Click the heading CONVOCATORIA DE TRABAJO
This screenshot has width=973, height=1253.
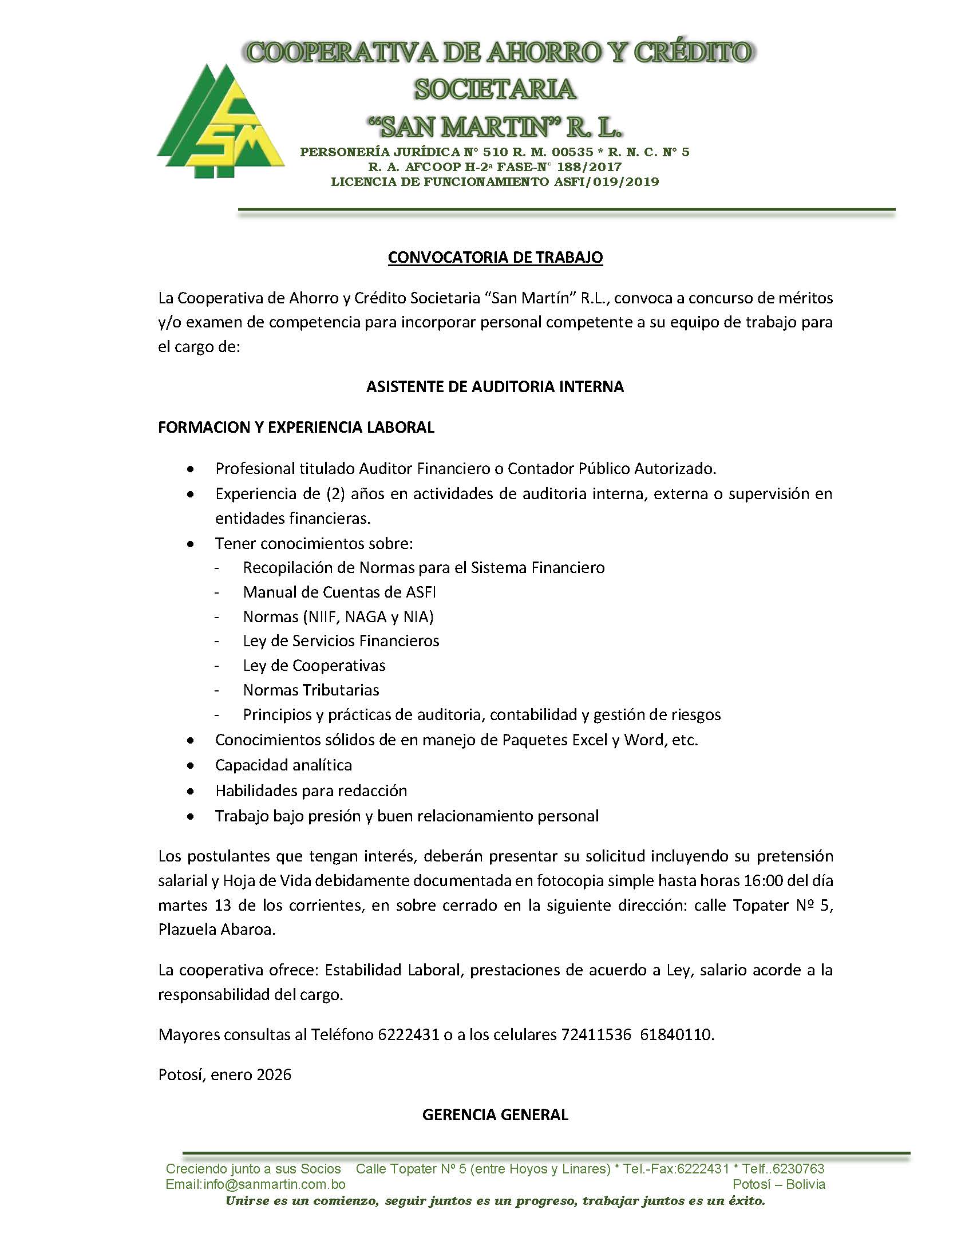[495, 258]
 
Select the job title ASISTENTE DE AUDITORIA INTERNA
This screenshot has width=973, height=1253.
[495, 387]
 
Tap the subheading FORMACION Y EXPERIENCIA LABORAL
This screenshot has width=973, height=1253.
[296, 428]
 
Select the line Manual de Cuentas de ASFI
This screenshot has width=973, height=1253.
[339, 592]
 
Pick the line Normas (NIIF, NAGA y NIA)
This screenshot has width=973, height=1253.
[338, 616]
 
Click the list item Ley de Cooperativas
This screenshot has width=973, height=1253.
[314, 666]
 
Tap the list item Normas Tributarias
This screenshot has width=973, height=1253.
[311, 690]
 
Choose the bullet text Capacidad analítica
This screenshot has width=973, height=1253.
[283, 765]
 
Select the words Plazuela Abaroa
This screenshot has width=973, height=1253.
[217, 930]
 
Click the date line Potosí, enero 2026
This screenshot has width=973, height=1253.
[225, 1074]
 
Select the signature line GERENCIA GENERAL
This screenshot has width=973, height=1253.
[495, 1114]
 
